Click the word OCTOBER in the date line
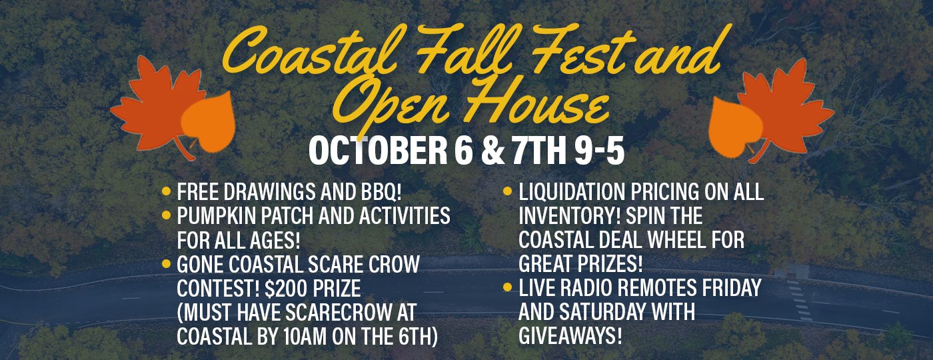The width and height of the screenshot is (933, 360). click(378, 151)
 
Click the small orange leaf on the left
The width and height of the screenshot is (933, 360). click(208, 121)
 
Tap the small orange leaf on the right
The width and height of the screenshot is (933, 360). click(735, 127)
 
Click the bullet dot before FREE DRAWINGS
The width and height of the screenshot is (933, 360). click(166, 191)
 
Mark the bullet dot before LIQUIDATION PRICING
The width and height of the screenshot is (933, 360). click(507, 191)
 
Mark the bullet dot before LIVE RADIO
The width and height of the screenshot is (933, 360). click(507, 287)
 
